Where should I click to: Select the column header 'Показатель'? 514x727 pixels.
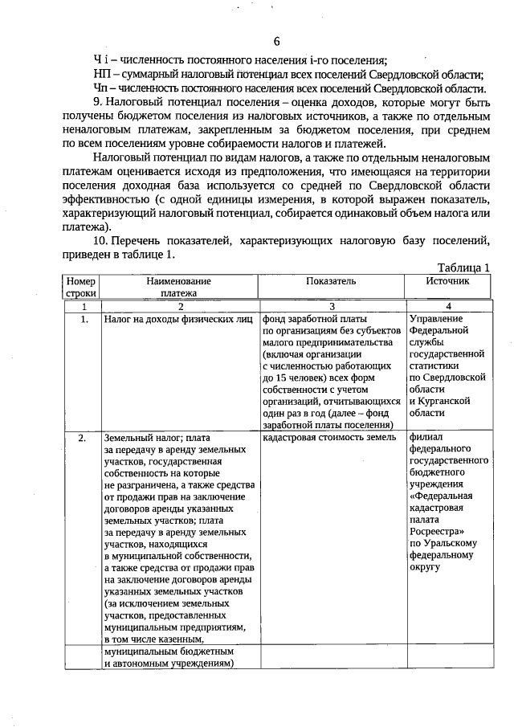(x=331, y=281)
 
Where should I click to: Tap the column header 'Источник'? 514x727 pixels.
(x=448, y=281)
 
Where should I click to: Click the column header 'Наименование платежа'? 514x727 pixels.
(x=178, y=287)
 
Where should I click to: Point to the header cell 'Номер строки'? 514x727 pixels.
(x=81, y=287)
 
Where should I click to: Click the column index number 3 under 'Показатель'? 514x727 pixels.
(x=331, y=306)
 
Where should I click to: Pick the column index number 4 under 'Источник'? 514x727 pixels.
(x=448, y=306)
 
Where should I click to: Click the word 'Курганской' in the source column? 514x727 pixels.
(x=439, y=401)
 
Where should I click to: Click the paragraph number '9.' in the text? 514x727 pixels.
(x=100, y=102)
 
